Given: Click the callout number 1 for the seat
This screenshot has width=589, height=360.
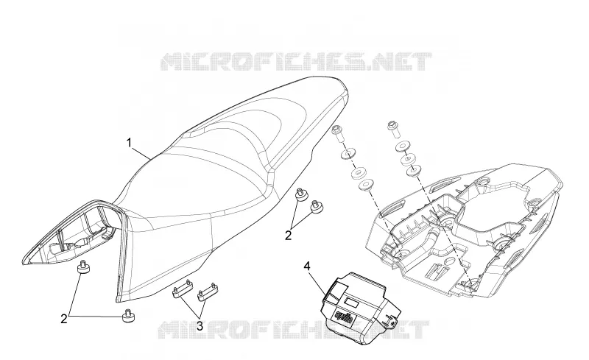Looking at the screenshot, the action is [129, 143].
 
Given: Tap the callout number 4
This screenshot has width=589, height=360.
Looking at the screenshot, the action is [307, 267].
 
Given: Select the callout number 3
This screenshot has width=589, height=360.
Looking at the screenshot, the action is [200, 326].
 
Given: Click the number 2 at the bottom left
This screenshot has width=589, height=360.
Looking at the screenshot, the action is [64, 319].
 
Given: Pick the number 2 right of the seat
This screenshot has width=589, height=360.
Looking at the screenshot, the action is [288, 236].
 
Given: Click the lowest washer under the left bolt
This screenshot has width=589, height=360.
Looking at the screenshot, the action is [365, 185].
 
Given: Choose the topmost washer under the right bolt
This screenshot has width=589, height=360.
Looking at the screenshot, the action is [402, 147].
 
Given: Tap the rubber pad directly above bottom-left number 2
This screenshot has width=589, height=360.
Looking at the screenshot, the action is [82, 267].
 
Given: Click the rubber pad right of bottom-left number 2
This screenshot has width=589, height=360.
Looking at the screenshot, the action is [128, 316].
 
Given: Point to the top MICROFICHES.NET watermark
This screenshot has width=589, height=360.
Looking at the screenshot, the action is [296, 62].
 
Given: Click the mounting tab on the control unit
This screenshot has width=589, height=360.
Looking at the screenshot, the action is [392, 319].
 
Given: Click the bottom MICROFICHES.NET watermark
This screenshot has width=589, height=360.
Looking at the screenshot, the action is [292, 330].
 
